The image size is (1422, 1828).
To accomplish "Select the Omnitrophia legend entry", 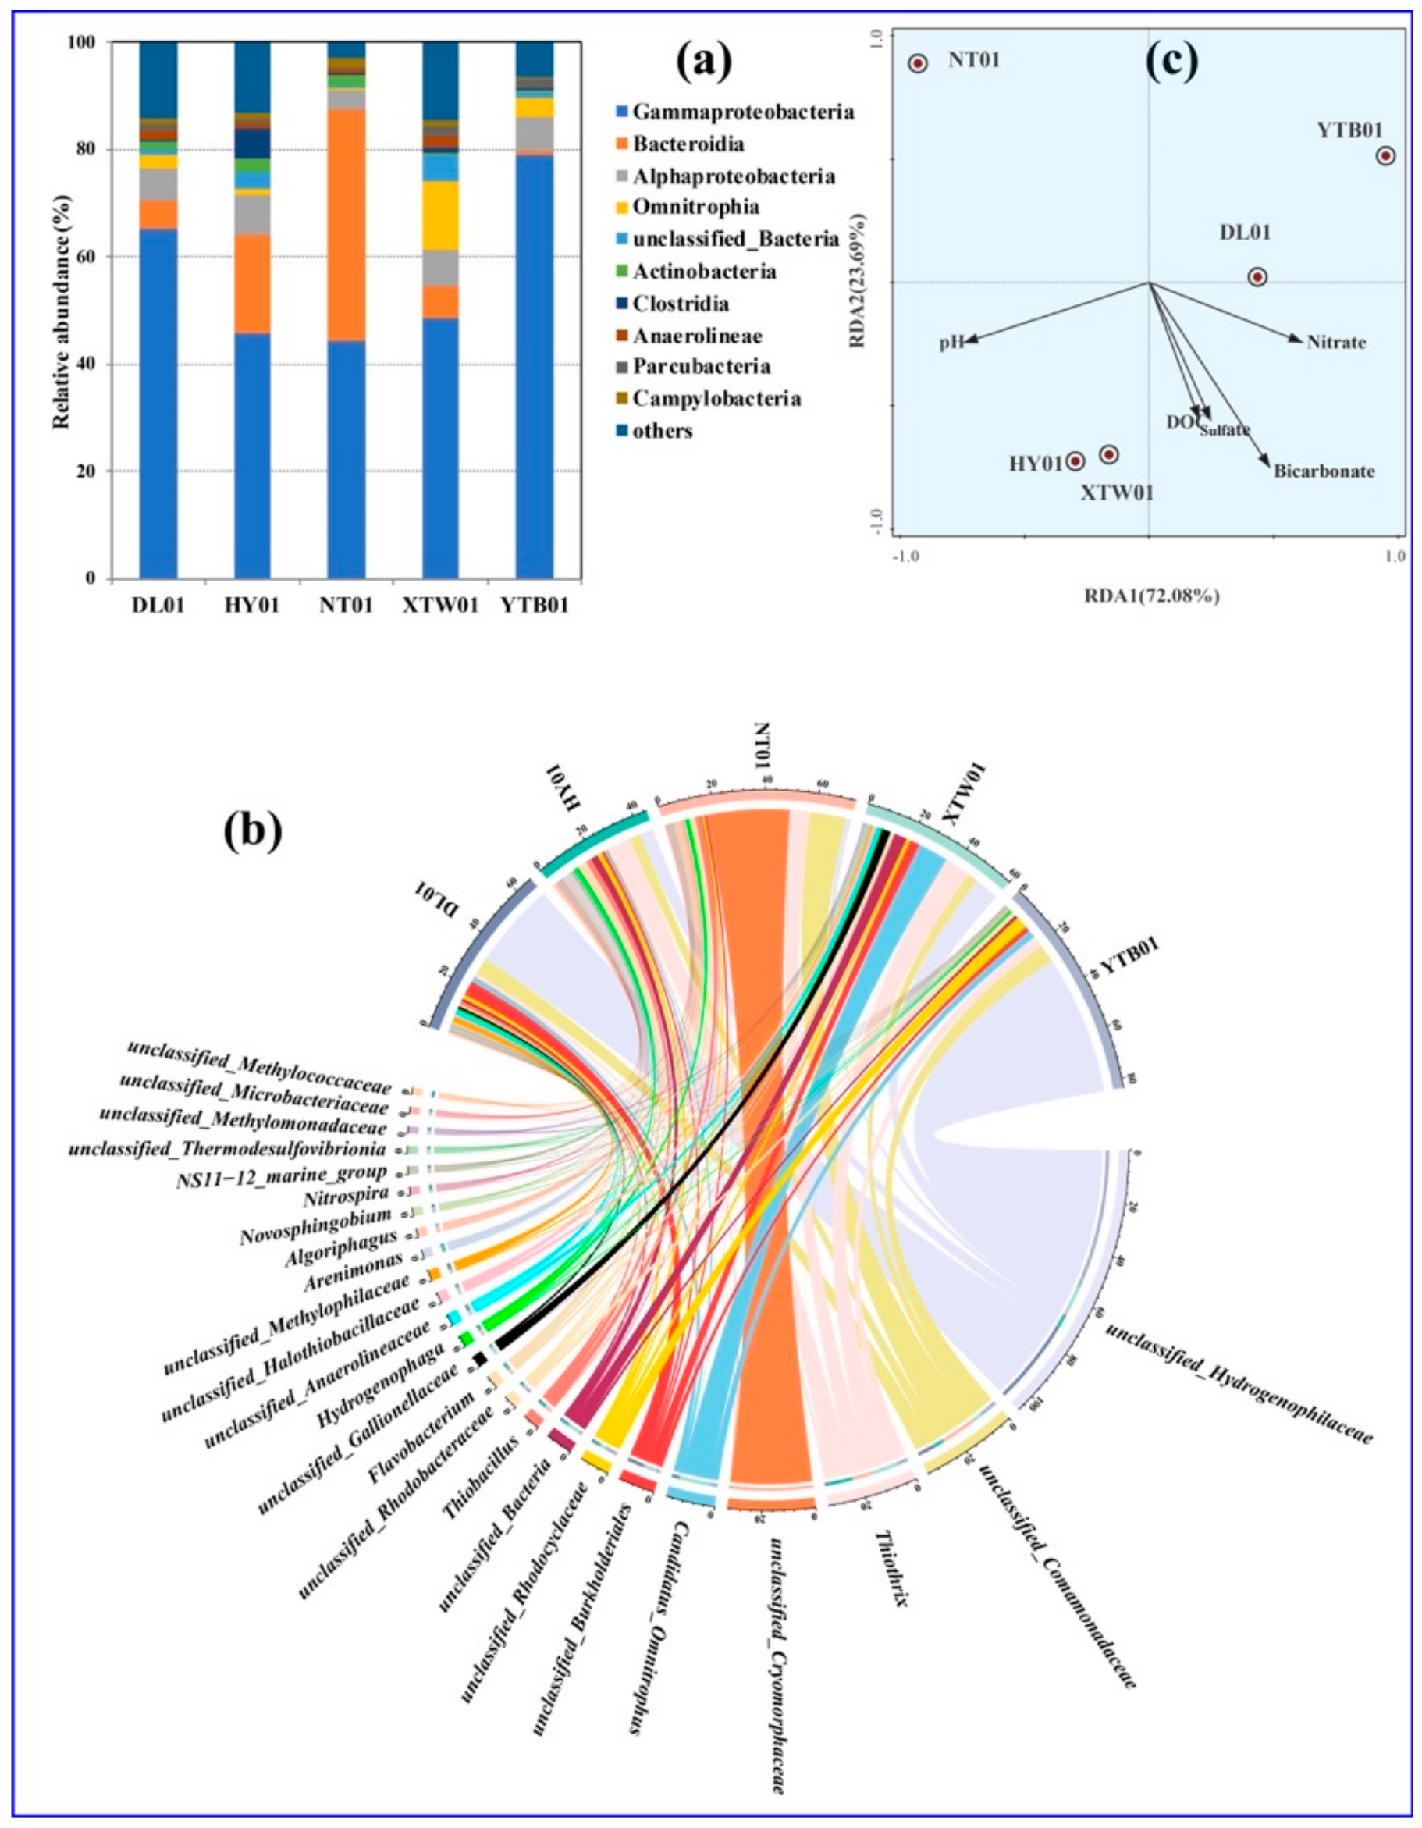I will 695,208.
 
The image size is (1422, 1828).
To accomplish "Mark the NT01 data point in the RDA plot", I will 918,62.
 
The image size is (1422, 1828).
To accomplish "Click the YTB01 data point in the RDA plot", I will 1385,155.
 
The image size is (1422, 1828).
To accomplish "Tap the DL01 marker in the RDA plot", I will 1257,277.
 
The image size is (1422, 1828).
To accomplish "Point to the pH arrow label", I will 950,343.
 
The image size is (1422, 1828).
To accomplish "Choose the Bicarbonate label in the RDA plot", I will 1324,471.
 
